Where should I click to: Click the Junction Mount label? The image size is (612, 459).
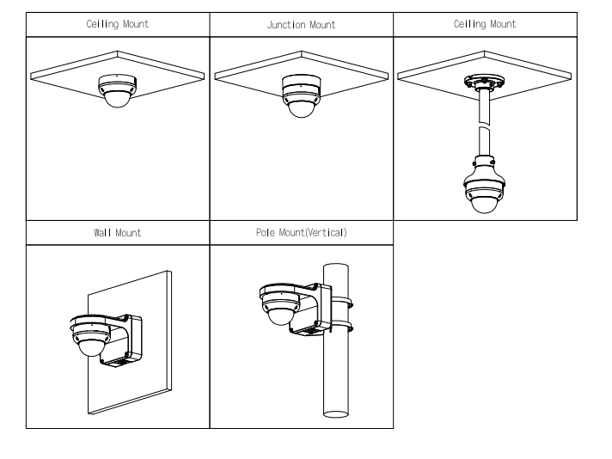click(301, 26)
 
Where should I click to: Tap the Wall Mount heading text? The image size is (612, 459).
click(117, 233)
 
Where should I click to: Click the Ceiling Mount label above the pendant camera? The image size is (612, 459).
click(485, 25)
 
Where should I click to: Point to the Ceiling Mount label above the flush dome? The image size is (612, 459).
click(118, 25)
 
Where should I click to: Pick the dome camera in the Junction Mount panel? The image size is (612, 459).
click(301, 96)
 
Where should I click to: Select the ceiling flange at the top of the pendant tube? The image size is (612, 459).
click(484, 83)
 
